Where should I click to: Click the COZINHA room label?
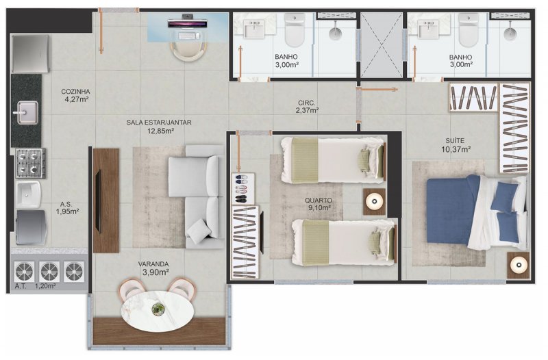(75, 92)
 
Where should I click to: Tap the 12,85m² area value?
(160, 131)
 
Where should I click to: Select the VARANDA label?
(153, 264)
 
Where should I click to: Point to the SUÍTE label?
(455, 141)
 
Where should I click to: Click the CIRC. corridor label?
(306, 103)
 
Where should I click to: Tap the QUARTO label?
(318, 201)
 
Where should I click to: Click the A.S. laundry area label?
(66, 205)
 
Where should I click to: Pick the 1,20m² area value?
(45, 286)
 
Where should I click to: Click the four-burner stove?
(30, 163)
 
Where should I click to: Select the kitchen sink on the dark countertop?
(27, 112)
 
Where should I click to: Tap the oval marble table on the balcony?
(158, 311)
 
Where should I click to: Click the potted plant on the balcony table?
(158, 309)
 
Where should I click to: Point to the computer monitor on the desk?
(188, 23)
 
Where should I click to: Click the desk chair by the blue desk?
(188, 51)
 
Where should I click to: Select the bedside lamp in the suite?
(518, 266)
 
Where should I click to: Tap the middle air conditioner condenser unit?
(49, 271)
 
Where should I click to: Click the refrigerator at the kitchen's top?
(30, 53)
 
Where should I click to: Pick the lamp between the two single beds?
(374, 202)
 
